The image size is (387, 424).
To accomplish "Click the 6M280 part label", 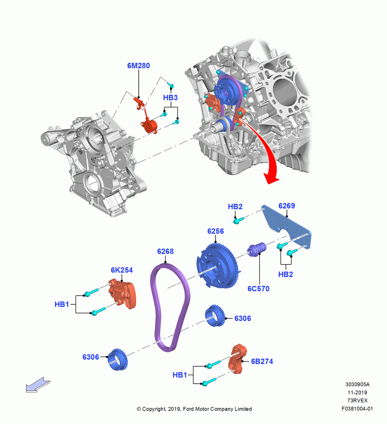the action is pyautogui.click(x=138, y=66).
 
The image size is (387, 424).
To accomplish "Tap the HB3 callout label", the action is pyautogui.click(x=170, y=98).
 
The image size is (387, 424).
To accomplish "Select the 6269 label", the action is pyautogui.click(x=286, y=206).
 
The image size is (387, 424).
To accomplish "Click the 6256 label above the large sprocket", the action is pyautogui.click(x=216, y=231).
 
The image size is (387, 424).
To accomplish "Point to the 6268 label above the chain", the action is pyautogui.click(x=165, y=251).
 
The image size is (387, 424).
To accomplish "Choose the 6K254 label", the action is pyautogui.click(x=122, y=270).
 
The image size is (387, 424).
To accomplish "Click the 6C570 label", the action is pyautogui.click(x=258, y=289).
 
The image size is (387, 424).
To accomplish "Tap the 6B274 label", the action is pyautogui.click(x=262, y=362).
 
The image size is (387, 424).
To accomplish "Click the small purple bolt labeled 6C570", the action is pyautogui.click(x=258, y=249).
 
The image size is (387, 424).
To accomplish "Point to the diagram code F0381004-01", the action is pyautogui.click(x=357, y=409).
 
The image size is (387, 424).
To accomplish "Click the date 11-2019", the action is pyautogui.click(x=357, y=393).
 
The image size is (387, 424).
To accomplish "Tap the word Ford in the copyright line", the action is pyautogui.click(x=189, y=409).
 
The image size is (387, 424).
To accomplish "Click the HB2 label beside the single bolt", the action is pyautogui.click(x=235, y=207).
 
